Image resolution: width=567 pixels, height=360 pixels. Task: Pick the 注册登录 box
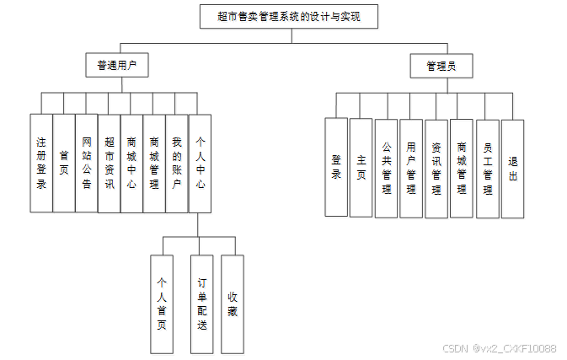(41, 162)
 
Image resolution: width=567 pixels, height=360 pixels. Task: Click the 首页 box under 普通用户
(64, 162)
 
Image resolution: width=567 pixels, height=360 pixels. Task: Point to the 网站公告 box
(87, 162)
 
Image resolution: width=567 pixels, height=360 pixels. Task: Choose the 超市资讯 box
(110, 162)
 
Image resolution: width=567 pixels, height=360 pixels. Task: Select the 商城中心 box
(131, 162)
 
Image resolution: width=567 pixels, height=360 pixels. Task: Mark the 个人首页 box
(163, 304)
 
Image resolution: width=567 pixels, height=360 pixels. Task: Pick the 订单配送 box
(201, 304)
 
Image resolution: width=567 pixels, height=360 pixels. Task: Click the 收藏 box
(233, 304)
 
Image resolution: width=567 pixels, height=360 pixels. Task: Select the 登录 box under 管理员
(336, 167)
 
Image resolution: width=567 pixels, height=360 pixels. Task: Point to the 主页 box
(361, 167)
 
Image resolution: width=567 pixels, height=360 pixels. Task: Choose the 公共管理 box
(387, 167)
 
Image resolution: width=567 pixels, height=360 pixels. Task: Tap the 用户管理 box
(411, 167)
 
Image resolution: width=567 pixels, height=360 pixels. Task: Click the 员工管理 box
(487, 167)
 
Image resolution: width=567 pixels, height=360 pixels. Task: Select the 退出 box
(512, 167)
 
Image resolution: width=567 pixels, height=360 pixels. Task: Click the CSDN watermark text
(499, 348)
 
